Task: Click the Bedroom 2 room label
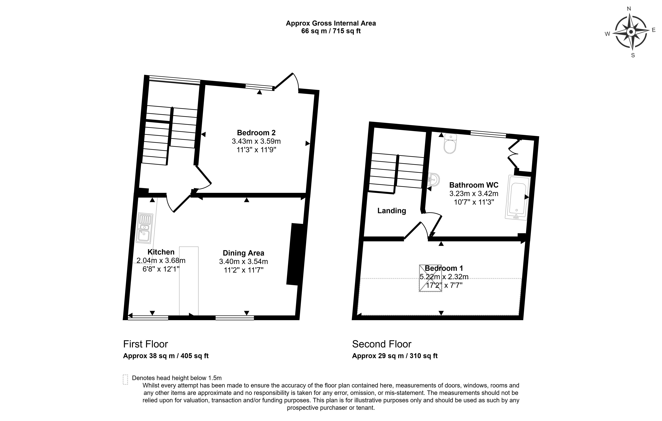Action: (x=256, y=133)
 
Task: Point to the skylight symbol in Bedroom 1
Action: (x=430, y=278)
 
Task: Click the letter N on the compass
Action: (x=629, y=16)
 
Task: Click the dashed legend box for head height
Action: (x=125, y=379)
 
